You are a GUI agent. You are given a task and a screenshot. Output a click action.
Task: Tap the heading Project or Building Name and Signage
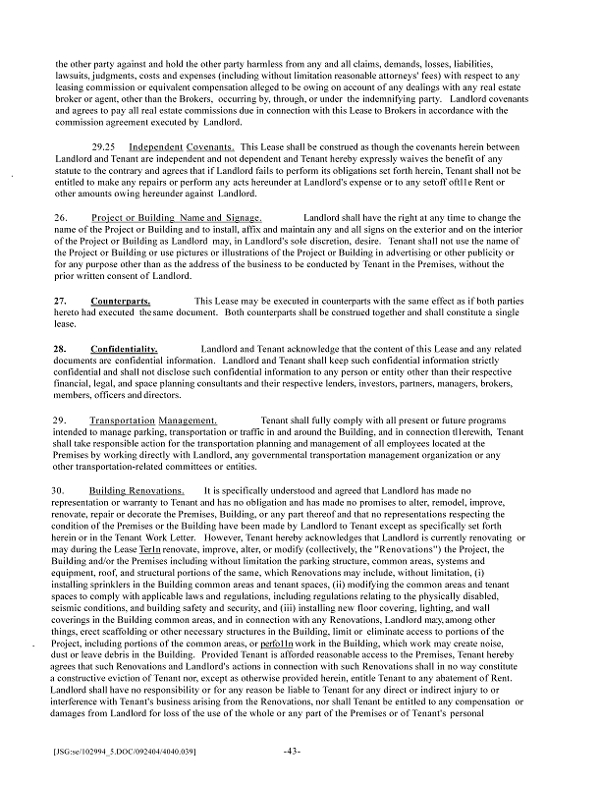click(x=177, y=216)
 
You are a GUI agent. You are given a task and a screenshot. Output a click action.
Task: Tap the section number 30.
click(x=61, y=489)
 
